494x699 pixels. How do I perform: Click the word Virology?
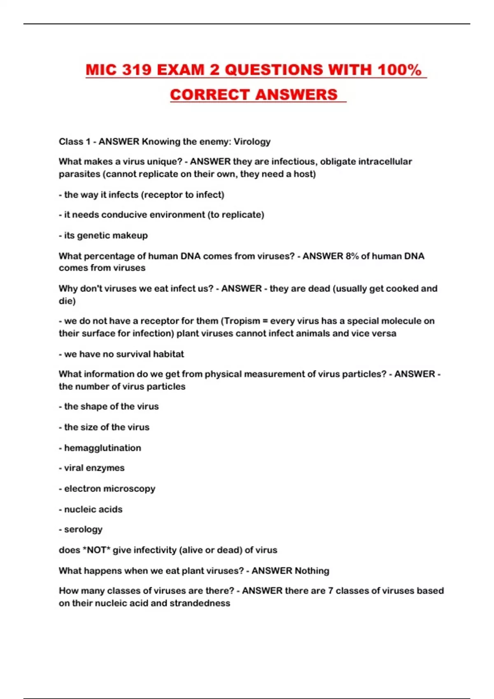(252, 142)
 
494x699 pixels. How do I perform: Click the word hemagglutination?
(103, 448)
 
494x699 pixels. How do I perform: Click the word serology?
(83, 530)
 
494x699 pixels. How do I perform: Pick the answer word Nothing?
(310, 571)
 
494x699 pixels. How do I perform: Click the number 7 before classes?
(330, 591)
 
